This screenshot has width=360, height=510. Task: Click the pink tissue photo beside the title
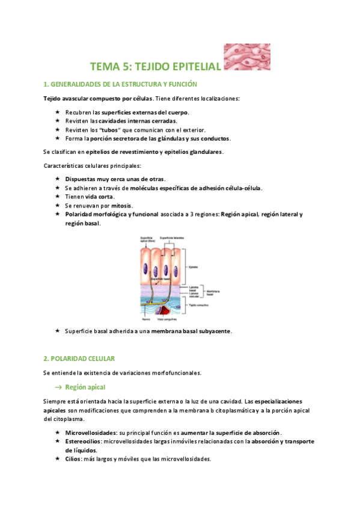coord(248,57)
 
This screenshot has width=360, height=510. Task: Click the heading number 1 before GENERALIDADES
coord(45,84)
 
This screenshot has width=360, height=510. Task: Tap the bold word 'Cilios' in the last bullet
coord(75,459)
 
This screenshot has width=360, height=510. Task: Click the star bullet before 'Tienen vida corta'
coord(57,197)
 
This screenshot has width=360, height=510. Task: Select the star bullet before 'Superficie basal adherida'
coord(57,331)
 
